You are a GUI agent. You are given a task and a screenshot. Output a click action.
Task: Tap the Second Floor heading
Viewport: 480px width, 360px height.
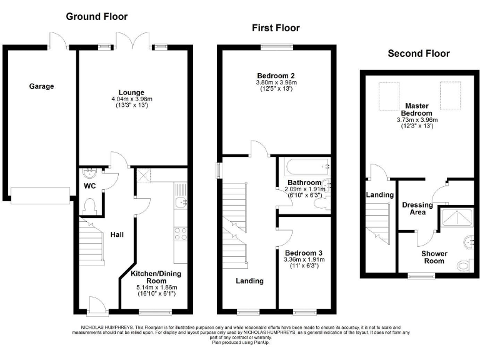pos(418,54)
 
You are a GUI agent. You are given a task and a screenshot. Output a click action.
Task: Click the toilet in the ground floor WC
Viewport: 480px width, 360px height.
pos(89,206)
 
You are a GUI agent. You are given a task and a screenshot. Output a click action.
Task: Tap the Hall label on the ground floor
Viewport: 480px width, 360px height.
pos(117,235)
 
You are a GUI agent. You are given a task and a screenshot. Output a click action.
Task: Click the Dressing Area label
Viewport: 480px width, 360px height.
pos(417,208)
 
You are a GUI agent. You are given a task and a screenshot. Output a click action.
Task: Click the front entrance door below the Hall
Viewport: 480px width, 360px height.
pos(96,306)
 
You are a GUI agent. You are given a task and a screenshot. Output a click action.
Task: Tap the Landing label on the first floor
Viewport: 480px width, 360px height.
pos(249,281)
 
